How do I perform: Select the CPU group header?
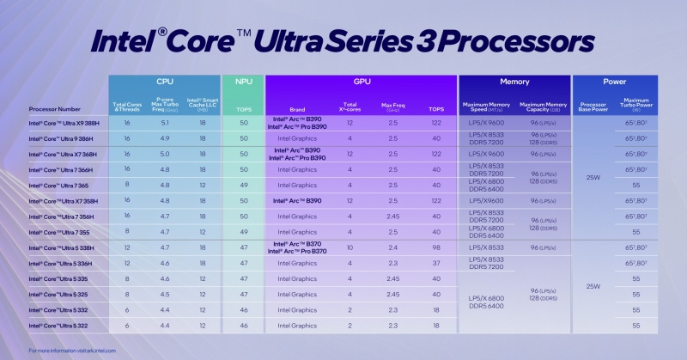165,82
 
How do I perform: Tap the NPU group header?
243,82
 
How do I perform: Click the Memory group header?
514,82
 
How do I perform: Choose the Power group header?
615,82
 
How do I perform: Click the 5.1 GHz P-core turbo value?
165,123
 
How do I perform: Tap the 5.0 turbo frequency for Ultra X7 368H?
165,154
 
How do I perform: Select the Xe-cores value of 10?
350,247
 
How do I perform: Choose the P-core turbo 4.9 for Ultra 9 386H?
165,138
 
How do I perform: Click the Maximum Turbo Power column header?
636,106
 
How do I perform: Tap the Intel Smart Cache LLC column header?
203,106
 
